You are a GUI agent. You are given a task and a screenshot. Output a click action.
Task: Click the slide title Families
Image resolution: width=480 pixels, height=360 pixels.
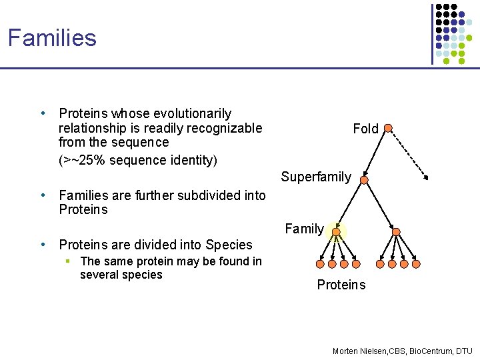click(52, 37)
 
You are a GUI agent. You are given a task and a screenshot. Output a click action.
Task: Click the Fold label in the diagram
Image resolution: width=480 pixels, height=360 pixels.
click(365, 129)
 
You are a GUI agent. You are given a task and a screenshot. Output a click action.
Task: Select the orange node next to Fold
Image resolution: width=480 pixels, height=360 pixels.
click(388, 128)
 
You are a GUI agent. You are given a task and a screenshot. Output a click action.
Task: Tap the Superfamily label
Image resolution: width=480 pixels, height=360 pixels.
click(315, 177)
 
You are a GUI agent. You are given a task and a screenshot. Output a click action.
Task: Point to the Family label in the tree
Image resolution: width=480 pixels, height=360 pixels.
click(304, 229)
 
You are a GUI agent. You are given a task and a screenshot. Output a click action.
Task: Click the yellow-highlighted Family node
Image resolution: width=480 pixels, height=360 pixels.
click(338, 231)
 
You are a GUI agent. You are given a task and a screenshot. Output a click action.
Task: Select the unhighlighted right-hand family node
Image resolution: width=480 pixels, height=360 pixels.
click(396, 231)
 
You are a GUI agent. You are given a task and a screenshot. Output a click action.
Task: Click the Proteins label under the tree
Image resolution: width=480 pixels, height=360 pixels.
click(341, 285)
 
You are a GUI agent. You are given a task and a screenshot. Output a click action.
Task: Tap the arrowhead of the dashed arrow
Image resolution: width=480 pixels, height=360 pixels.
click(426, 178)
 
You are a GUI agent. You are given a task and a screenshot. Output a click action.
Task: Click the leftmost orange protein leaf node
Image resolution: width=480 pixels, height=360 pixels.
click(323, 264)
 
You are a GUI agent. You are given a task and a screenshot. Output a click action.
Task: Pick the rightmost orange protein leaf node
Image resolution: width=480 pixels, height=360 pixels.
click(416, 264)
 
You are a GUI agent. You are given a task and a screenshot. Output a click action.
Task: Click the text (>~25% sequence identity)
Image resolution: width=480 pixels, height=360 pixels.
click(138, 160)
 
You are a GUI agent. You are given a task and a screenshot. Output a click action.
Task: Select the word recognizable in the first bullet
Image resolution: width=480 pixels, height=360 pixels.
click(223, 128)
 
